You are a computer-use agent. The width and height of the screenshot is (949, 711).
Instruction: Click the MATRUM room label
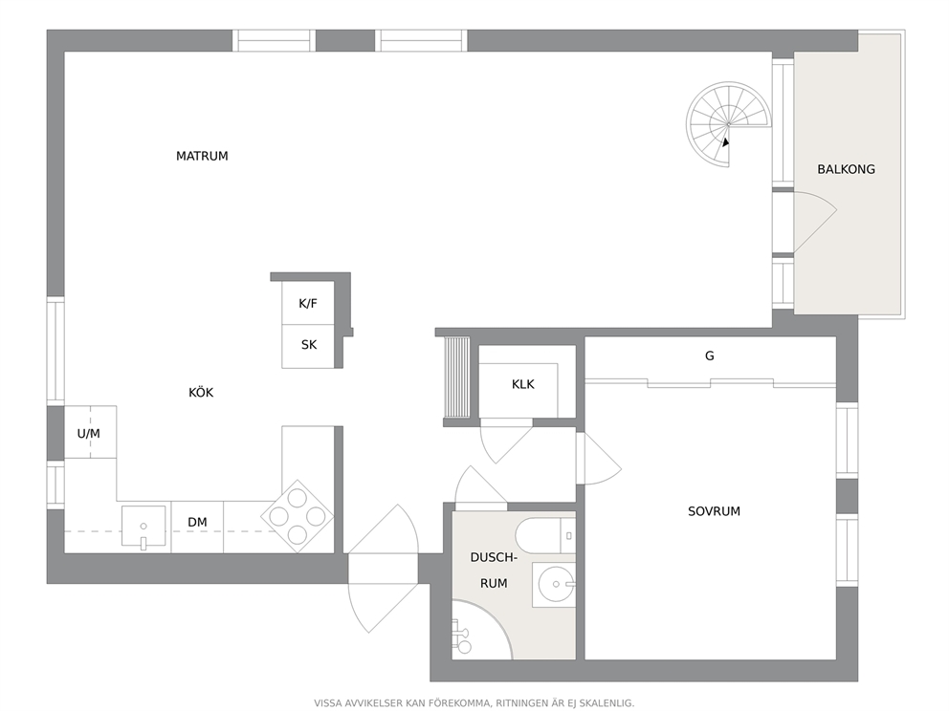tap(202, 156)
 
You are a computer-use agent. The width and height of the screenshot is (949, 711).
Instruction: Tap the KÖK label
tap(201, 393)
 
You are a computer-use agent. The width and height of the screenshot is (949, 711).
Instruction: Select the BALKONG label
tap(846, 169)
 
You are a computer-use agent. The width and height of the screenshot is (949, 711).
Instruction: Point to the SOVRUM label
tap(715, 511)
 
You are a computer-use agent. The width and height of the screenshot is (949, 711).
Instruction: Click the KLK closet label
tap(523, 384)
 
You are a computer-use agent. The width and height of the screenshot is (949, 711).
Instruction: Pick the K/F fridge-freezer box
tap(308, 303)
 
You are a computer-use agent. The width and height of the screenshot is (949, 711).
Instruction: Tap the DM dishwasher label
tap(197, 522)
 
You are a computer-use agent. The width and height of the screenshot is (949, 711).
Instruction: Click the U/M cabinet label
tap(88, 434)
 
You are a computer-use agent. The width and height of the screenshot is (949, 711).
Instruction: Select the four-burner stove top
tap(298, 516)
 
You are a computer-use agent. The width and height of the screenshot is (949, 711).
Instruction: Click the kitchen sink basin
tap(143, 526)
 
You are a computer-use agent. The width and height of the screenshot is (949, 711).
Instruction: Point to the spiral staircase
tap(729, 124)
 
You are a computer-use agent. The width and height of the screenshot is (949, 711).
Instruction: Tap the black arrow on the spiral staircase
tap(725, 142)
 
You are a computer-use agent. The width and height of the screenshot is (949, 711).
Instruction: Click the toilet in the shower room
tap(545, 536)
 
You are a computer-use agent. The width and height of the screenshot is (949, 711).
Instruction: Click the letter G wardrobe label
tap(709, 356)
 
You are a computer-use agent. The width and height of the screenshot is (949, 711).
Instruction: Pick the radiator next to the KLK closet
tap(457, 377)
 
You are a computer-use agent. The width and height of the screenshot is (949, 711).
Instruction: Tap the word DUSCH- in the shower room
tap(494, 557)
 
